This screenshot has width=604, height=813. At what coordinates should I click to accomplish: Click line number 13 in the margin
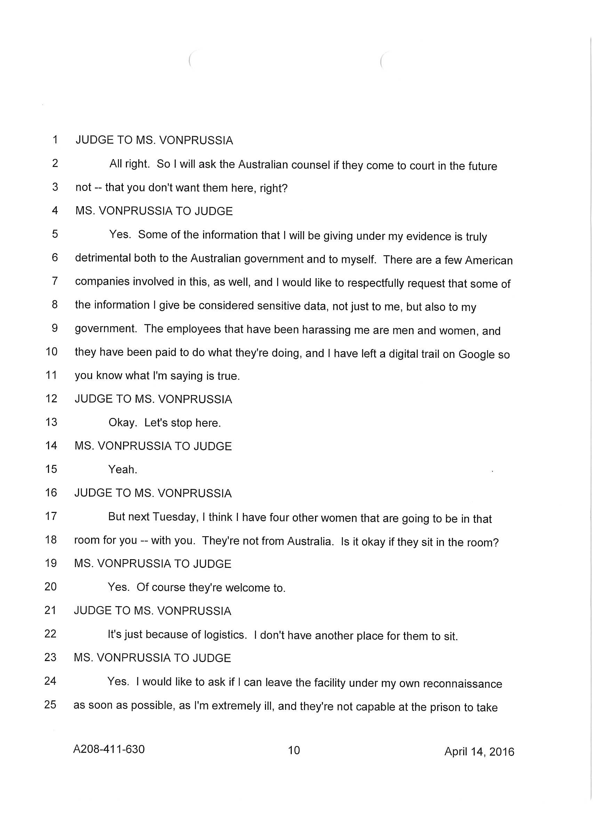(x=51, y=422)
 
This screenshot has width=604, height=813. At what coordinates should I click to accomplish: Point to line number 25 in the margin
(x=50, y=704)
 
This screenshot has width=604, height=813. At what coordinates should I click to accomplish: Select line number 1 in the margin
(x=55, y=140)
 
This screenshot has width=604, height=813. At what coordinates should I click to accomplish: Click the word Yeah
(x=122, y=470)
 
